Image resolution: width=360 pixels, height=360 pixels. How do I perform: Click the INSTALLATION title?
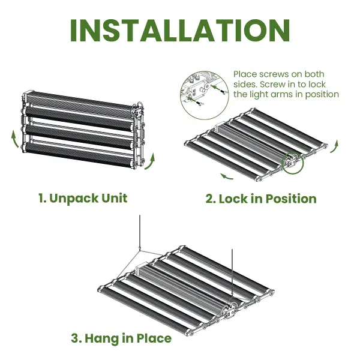tap(180, 31)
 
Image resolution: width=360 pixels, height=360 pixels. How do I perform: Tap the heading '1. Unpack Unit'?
tap(83, 199)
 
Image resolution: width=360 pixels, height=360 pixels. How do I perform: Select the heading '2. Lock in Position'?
tap(261, 199)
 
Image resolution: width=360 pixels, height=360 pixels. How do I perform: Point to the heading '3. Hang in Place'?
tap(121, 338)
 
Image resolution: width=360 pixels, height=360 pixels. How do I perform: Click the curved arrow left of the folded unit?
tap(15, 139)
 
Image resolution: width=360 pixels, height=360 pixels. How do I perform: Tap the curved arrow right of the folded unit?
tap(151, 162)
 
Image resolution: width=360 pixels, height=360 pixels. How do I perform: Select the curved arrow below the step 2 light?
tap(227, 176)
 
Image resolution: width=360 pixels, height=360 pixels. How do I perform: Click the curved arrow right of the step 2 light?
tap(335, 146)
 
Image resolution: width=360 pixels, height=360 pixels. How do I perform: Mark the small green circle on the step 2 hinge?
tap(293, 163)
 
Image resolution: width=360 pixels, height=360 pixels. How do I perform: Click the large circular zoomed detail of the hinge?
tap(205, 95)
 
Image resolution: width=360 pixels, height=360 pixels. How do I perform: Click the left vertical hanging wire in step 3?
tap(139, 233)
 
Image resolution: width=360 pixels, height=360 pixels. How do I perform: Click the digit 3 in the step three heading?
tap(75, 338)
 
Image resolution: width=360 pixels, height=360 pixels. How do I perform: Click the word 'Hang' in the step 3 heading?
tap(99, 339)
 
